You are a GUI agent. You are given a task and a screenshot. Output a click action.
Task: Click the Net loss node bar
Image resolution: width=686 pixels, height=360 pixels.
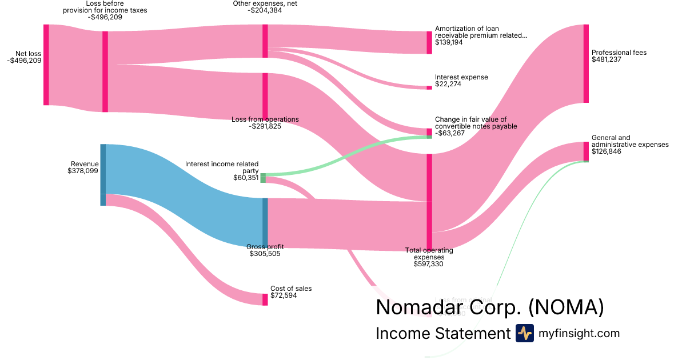[46, 65]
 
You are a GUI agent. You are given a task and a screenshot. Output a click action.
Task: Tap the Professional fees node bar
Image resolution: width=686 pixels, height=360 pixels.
[586, 63]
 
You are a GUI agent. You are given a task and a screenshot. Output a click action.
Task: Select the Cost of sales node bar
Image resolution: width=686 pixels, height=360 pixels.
[265, 299]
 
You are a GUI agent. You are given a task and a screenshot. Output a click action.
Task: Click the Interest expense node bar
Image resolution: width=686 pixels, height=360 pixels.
[429, 88]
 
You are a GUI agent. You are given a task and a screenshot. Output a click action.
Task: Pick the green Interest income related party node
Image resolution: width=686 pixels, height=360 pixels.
[263, 178]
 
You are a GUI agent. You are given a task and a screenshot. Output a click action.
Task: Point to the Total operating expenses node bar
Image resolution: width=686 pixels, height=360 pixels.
[429, 202]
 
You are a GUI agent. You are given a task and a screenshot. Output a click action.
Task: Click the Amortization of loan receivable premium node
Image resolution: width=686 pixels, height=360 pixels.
[429, 42]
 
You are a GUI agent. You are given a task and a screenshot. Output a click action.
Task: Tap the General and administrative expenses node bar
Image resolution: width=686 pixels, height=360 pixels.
[586, 151]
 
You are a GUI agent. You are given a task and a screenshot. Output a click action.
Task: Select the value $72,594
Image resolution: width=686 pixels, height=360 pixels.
[284, 295]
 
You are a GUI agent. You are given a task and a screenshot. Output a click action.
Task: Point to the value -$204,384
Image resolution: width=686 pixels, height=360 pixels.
[265, 10]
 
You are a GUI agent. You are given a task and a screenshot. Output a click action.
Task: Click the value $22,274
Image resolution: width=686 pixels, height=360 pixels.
[448, 84]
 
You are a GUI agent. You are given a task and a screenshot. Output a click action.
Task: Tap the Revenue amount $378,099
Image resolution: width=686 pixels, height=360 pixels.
[83, 170]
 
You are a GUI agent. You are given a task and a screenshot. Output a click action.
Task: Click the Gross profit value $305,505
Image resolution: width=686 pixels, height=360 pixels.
[265, 254]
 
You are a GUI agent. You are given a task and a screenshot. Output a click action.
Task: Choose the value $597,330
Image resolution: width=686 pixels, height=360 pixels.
[429, 264]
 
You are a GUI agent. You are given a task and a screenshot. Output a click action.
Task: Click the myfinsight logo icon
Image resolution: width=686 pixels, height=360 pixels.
[524, 333]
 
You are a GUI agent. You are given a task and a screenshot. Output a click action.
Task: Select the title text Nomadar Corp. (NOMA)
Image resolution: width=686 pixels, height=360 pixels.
[489, 307]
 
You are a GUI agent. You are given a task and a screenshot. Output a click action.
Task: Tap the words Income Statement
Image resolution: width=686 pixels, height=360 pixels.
[442, 334]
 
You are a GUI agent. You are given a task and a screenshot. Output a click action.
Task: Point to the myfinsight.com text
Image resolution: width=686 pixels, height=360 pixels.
[579, 333]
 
